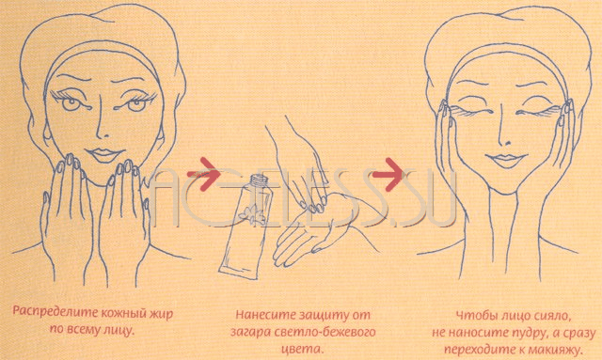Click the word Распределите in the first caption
tap(55, 312)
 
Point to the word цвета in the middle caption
tap(303, 350)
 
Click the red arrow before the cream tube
tap(203, 174)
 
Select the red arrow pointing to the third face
tap(388, 174)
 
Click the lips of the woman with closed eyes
tap(506, 160)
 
